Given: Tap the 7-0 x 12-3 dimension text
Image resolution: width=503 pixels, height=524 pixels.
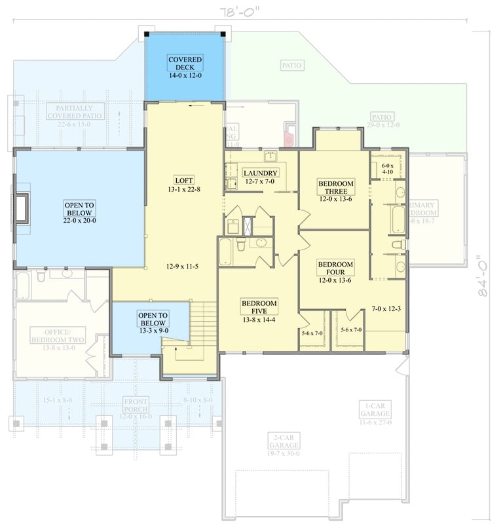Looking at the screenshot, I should point(386,308).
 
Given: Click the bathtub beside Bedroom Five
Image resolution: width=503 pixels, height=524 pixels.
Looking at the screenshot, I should point(226,252).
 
